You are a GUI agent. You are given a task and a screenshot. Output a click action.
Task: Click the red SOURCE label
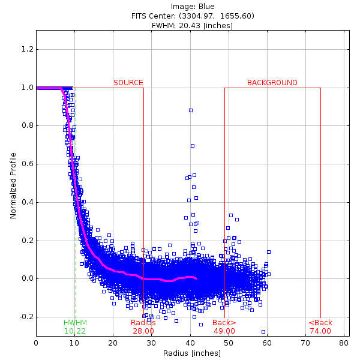[x=128, y=83]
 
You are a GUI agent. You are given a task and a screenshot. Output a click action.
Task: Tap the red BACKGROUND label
[x=272, y=83]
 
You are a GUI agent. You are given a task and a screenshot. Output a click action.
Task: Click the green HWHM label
[x=75, y=323]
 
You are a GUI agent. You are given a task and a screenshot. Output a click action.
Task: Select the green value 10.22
[x=75, y=331]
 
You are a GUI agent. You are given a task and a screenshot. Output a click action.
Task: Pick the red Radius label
[x=143, y=323]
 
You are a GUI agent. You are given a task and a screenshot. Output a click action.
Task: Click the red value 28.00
[x=143, y=331]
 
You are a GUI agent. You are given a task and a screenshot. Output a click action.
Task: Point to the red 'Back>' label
[x=224, y=323]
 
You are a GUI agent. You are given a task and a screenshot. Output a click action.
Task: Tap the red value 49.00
[x=224, y=331]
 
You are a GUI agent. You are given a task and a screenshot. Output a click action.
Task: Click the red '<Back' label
[x=320, y=323]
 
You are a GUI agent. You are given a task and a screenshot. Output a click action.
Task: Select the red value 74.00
[x=320, y=331]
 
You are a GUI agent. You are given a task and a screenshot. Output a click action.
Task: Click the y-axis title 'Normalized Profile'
[x=13, y=183]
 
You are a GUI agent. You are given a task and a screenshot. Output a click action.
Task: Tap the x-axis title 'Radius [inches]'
[x=190, y=353]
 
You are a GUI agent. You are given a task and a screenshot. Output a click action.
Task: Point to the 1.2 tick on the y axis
[x=27, y=49]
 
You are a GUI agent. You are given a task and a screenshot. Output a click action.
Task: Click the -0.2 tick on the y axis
[x=26, y=317]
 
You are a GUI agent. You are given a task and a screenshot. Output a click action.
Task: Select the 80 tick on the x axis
[x=344, y=343]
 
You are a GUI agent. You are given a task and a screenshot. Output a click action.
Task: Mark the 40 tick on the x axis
[x=190, y=343]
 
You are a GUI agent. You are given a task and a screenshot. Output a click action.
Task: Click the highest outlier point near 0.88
[x=191, y=110]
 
